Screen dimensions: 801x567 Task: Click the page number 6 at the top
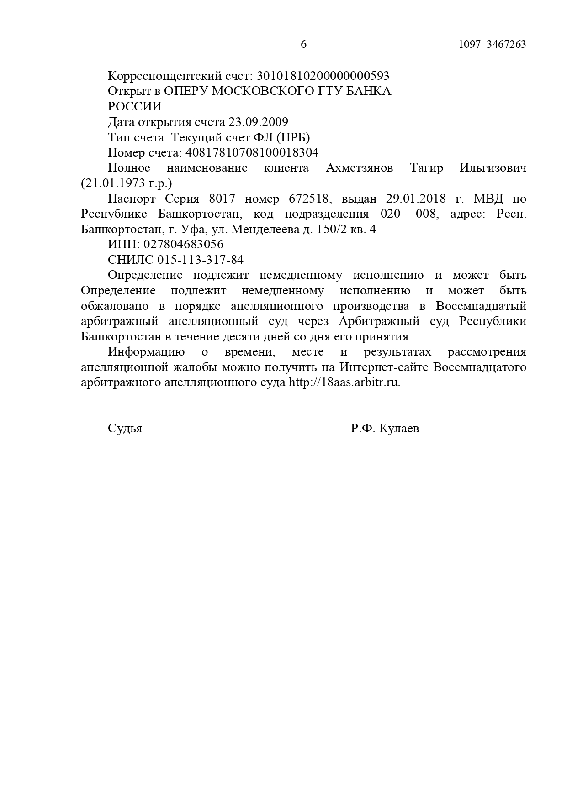coord(304,44)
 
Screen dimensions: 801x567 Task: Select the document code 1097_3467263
coord(492,44)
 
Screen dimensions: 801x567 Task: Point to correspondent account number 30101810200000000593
coord(323,75)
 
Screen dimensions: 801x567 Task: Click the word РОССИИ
coord(135,106)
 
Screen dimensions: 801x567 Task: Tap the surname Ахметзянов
coord(359,168)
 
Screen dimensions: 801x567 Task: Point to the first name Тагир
coord(426,168)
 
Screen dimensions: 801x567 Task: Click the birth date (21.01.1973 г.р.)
coord(127,183)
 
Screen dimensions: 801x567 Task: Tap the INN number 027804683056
coord(185,244)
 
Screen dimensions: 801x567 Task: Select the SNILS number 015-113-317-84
coord(200,260)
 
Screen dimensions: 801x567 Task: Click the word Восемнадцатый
coord(481,306)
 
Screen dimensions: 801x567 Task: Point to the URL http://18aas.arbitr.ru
coord(344,382)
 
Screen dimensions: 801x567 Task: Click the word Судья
coord(125,429)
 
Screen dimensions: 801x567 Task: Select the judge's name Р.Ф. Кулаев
coord(385,429)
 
